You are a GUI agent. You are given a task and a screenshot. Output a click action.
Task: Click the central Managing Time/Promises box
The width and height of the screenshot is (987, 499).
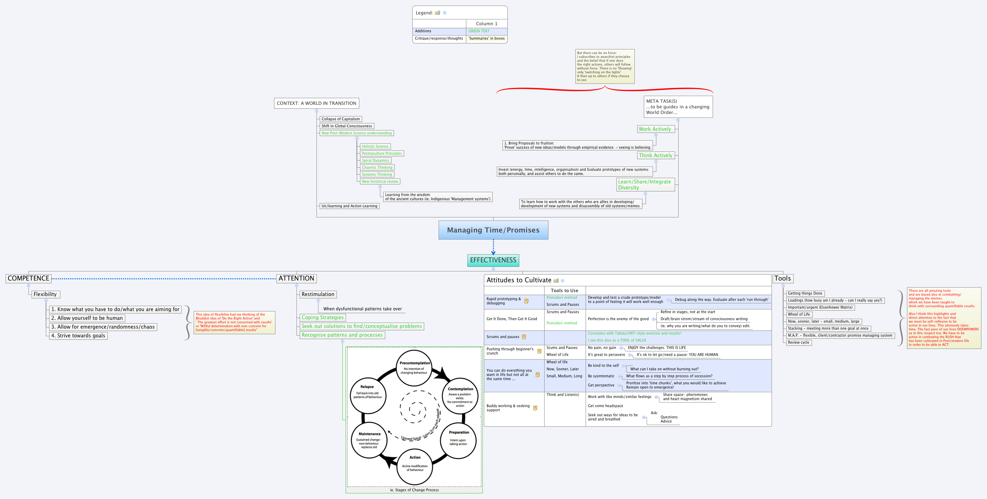click(x=493, y=230)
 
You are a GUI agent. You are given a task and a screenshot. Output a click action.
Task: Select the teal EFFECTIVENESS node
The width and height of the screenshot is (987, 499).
click(x=493, y=260)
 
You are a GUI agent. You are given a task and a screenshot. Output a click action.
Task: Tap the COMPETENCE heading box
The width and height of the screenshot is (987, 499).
click(x=28, y=278)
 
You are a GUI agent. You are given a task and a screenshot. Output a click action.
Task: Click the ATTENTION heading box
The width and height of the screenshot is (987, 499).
click(x=296, y=278)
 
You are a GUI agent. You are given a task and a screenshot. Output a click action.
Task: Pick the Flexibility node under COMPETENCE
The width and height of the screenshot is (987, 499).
click(x=45, y=294)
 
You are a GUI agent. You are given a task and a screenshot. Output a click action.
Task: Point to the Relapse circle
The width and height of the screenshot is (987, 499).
click(x=367, y=395)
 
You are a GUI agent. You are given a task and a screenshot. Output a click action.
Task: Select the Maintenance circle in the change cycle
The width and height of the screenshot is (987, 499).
click(x=369, y=440)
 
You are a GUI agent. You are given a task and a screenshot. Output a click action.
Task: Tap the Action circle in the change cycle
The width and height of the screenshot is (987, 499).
click(x=415, y=466)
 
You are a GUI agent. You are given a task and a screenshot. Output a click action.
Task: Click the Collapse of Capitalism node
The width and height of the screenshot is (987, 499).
click(x=340, y=119)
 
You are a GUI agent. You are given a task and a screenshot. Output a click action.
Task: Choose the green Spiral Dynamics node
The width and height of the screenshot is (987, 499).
click(x=375, y=161)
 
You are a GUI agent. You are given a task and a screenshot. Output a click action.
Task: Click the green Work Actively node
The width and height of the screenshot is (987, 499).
click(x=654, y=129)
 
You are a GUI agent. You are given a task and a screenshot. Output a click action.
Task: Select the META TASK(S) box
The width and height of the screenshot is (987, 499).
click(x=678, y=107)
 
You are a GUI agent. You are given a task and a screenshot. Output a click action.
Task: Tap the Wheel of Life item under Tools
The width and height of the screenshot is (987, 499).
click(x=799, y=315)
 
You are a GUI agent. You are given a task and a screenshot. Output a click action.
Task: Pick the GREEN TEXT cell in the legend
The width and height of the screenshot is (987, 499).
click(x=479, y=31)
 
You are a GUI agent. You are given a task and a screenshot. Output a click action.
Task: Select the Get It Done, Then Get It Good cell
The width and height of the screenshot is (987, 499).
click(x=512, y=319)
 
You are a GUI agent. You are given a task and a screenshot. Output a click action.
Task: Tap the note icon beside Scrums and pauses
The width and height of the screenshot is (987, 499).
click(x=524, y=337)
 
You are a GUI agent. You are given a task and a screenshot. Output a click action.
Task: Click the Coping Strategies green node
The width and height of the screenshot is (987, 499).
click(x=322, y=317)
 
